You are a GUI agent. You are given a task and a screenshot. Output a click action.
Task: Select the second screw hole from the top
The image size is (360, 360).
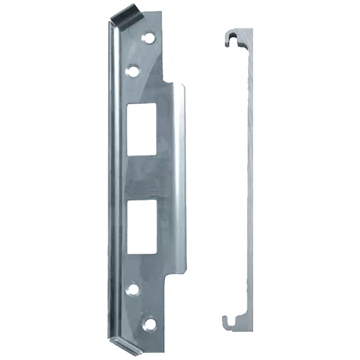131,69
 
